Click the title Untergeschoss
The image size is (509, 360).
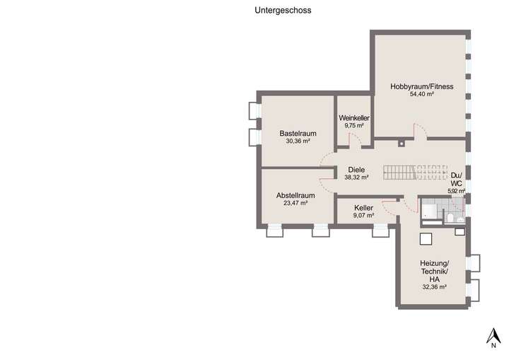click(x=283, y=11)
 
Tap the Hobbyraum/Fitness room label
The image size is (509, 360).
click(x=421, y=86)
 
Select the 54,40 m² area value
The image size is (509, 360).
click(x=421, y=94)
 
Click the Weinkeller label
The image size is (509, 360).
click(x=354, y=117)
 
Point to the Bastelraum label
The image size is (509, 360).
click(x=297, y=133)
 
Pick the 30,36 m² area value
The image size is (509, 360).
click(x=297, y=141)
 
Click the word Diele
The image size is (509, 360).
click(x=356, y=170)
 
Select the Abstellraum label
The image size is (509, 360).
click(x=296, y=195)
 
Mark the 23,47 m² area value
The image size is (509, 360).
click(x=296, y=203)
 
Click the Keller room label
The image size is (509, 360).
click(x=364, y=208)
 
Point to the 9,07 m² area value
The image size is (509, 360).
click(x=364, y=216)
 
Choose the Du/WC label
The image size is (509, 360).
click(x=456, y=178)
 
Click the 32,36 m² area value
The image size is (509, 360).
click(x=434, y=287)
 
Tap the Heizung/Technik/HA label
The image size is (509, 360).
click(x=434, y=271)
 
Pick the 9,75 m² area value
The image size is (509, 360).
click(x=354, y=125)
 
